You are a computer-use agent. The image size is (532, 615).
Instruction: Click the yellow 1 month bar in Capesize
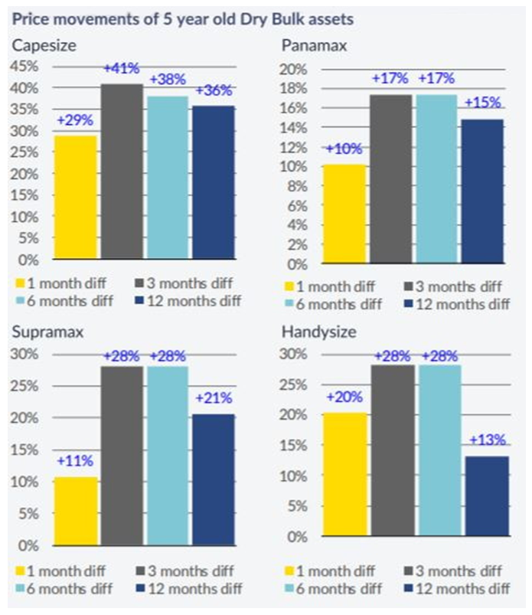pyautogui.click(x=75, y=199)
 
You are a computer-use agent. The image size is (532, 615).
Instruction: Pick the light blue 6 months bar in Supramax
pyautogui.click(x=166, y=456)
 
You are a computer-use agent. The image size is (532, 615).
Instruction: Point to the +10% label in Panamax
pyautogui.click(x=342, y=149)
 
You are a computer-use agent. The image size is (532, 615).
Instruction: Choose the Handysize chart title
pyautogui.click(x=332, y=332)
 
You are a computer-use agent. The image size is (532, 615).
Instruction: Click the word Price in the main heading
pyautogui.click(x=29, y=16)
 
